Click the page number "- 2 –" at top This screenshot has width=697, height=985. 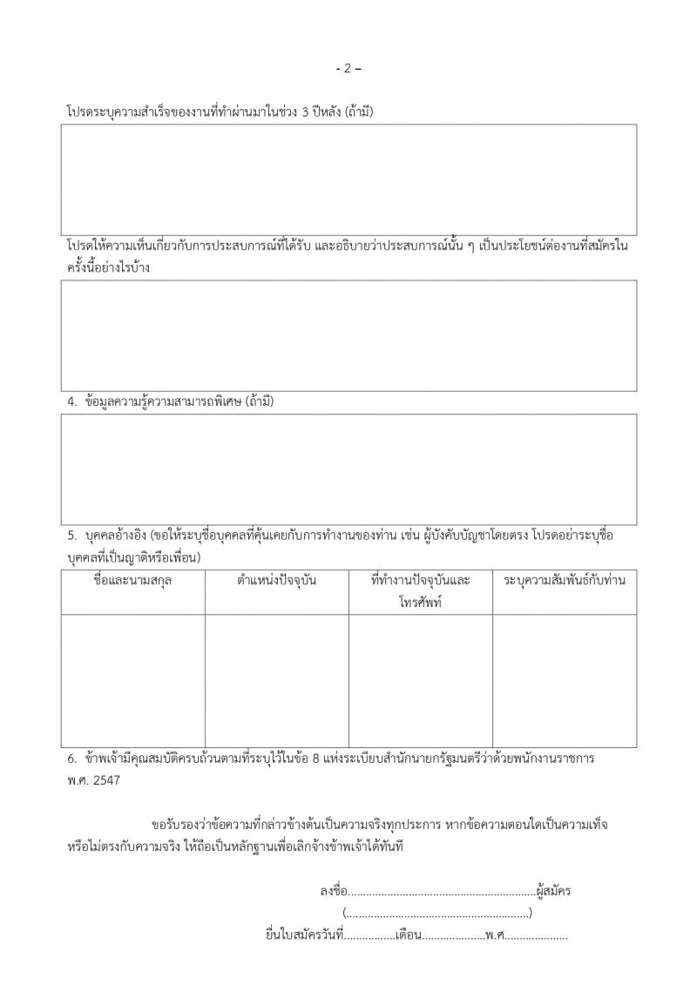click(348, 69)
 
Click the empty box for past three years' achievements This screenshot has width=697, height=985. click(348, 179)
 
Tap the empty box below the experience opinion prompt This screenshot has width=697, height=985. click(348, 335)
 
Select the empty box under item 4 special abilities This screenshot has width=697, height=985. click(348, 469)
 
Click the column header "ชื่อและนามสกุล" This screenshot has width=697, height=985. click(132, 580)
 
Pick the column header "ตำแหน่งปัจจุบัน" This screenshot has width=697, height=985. click(276, 580)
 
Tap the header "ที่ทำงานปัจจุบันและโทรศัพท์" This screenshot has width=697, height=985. click(420, 590)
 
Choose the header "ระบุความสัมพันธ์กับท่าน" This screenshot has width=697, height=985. click(564, 580)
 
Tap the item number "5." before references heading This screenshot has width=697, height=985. click(73, 536)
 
